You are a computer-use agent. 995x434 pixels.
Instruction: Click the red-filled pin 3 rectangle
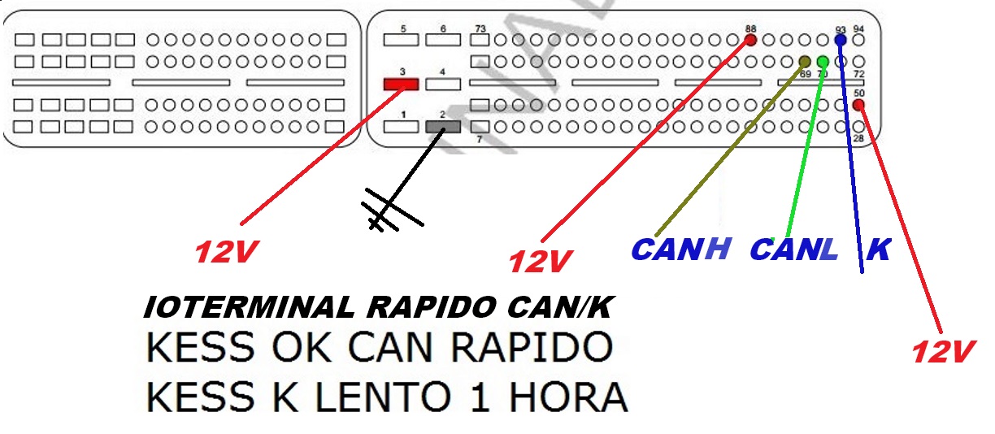pyautogui.click(x=401, y=84)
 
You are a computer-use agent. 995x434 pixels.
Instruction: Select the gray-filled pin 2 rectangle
pyautogui.click(x=442, y=127)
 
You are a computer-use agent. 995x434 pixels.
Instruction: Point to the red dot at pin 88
pyautogui.click(x=750, y=40)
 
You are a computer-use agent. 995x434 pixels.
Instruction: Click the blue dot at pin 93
pyautogui.click(x=841, y=40)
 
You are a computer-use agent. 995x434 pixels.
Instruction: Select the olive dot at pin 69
pyautogui.click(x=805, y=62)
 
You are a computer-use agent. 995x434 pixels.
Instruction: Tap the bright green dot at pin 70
pyautogui.click(x=823, y=62)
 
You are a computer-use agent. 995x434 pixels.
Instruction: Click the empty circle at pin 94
pyautogui.click(x=858, y=40)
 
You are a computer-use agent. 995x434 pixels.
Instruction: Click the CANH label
pyautogui.click(x=680, y=249)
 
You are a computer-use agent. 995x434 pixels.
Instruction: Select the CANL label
pyautogui.click(x=793, y=249)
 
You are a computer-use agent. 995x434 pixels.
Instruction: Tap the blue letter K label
pyautogui.click(x=878, y=249)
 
